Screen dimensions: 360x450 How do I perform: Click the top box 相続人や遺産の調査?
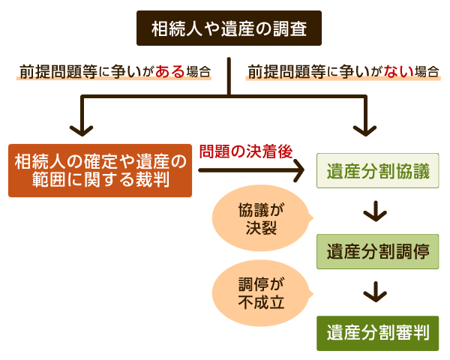click(x=228, y=29)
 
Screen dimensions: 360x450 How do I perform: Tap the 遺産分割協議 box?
click(x=377, y=171)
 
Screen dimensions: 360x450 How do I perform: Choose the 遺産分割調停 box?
click(x=377, y=251)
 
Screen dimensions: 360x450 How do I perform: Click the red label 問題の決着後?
click(x=244, y=151)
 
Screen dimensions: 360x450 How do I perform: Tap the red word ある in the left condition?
click(x=169, y=72)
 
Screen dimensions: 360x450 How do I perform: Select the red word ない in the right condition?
click(x=397, y=72)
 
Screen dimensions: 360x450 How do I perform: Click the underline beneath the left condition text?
click(x=112, y=80)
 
